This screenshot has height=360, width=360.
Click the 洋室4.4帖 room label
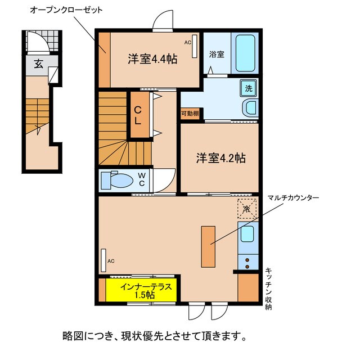click(x=152, y=58)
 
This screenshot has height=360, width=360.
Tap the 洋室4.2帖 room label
click(x=220, y=158)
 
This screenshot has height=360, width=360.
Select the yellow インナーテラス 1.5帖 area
click(x=141, y=290)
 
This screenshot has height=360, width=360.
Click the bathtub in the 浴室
click(x=245, y=53)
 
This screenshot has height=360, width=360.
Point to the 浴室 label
click(x=217, y=55)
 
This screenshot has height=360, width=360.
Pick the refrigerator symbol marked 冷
click(x=246, y=208)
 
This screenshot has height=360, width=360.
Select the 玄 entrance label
click(x=38, y=64)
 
